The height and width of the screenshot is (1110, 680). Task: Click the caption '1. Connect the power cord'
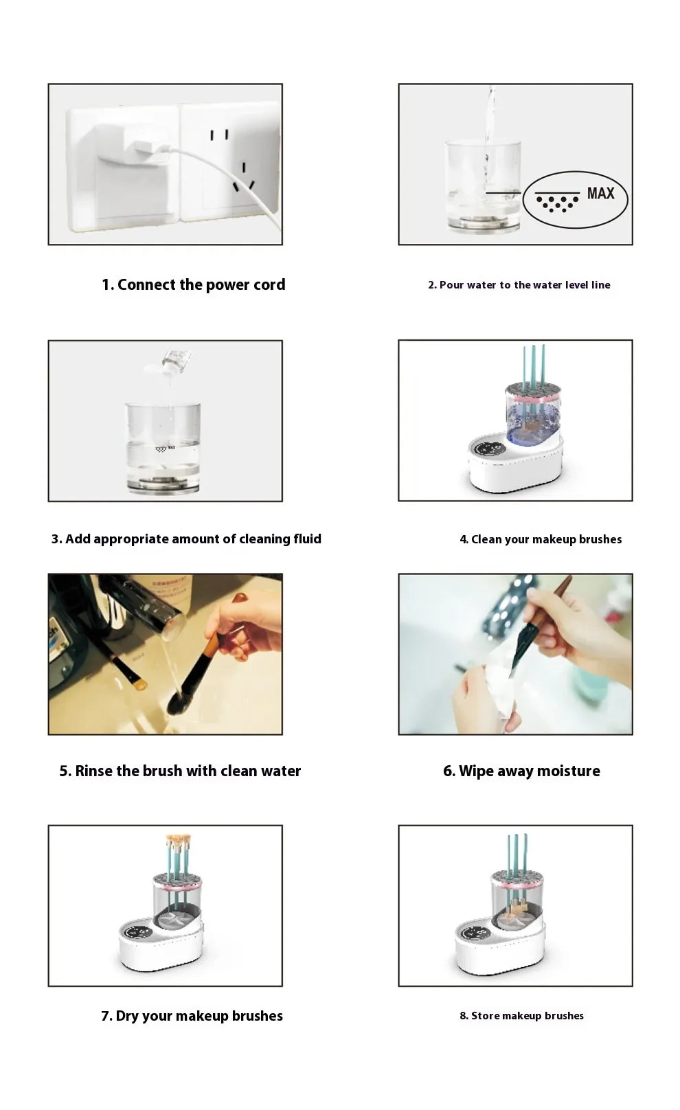[193, 284]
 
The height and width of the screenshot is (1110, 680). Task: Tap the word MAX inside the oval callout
[600, 194]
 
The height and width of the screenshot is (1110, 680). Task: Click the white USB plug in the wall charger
[146, 146]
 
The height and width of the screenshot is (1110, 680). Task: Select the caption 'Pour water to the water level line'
[519, 285]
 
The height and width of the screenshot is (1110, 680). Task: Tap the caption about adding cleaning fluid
[186, 539]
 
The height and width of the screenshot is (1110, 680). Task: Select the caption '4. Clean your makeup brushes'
[541, 540]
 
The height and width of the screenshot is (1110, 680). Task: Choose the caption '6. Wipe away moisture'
[521, 771]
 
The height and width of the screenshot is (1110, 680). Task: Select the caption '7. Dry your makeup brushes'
[192, 1016]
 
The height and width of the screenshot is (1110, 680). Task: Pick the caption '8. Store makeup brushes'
[521, 1016]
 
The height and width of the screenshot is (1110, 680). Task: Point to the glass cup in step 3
[163, 446]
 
